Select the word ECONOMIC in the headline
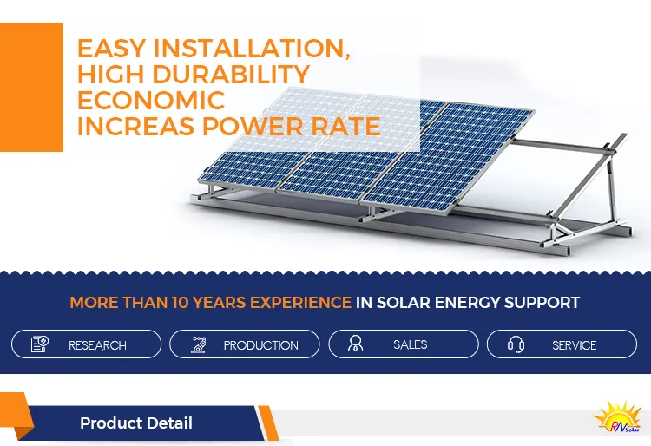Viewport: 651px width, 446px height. point(150,100)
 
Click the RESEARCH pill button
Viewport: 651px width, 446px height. point(86,344)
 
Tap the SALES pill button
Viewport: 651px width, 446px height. point(403,344)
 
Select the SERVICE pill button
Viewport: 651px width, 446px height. point(562,344)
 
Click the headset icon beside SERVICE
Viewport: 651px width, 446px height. point(515,344)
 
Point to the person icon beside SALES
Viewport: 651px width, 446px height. point(355,344)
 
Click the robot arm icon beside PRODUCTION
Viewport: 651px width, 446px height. point(199,344)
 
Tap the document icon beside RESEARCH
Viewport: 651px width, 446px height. point(40,344)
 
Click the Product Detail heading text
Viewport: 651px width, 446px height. point(136,423)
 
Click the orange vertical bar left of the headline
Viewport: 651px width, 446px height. point(31,87)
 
